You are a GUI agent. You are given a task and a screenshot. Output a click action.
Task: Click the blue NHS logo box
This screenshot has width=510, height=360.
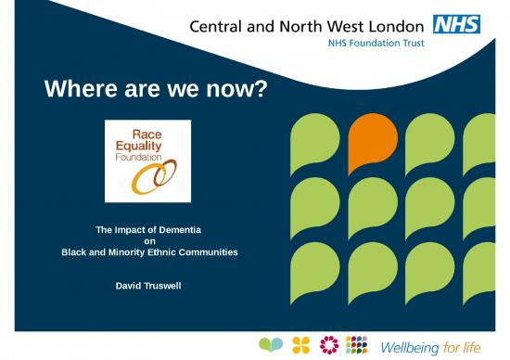pyautogui.click(x=459, y=23)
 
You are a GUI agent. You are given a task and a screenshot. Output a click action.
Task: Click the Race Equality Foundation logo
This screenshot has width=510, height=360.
pyautogui.click(x=148, y=161)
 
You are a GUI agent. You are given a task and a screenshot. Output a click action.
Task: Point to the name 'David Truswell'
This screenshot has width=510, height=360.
pyautogui.click(x=148, y=284)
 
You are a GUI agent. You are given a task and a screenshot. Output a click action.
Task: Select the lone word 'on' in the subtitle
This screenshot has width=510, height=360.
pyautogui.click(x=149, y=240)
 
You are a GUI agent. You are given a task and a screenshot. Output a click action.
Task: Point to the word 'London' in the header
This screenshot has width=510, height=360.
pyautogui.click(x=401, y=23)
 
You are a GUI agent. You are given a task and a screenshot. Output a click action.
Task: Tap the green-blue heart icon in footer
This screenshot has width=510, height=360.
pyautogui.click(x=270, y=345)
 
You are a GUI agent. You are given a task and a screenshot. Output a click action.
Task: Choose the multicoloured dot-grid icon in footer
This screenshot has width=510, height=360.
pyautogui.click(x=357, y=345)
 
